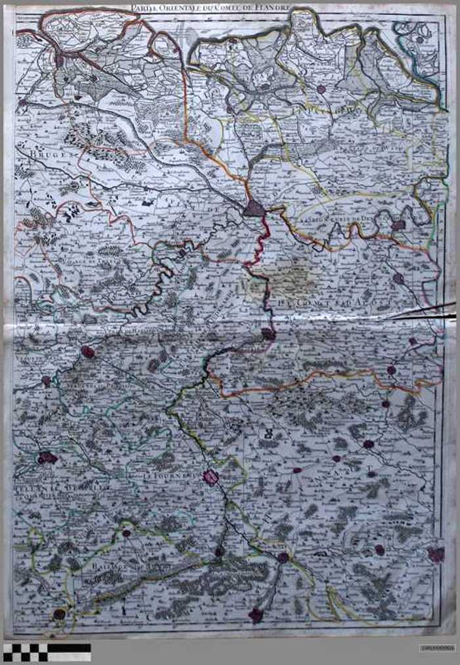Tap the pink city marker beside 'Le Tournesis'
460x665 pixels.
point(211,477)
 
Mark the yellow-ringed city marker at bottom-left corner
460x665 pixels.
point(59,614)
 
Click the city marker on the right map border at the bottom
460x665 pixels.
point(436,554)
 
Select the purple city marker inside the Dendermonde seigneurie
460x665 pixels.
point(398,225)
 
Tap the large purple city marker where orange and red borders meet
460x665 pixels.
point(254,209)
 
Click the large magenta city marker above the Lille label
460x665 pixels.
point(47,458)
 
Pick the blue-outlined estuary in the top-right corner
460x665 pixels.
point(421,39)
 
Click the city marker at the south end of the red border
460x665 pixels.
point(268,333)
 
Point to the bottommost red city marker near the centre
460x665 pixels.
point(256,615)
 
